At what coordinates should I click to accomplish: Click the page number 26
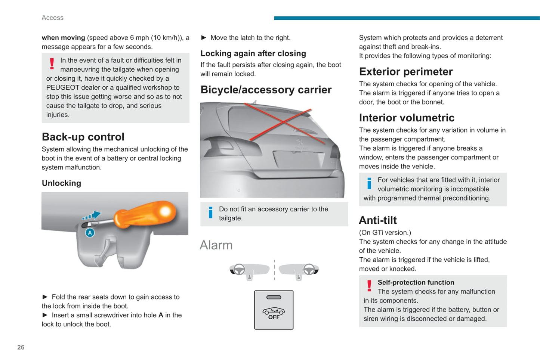pos(21,347)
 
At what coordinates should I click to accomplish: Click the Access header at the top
pos(52,18)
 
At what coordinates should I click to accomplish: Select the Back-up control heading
pos(83,137)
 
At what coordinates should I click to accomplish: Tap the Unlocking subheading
pos(61,183)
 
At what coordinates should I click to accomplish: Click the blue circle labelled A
pos(90,233)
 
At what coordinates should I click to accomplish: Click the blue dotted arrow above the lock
pos(92,215)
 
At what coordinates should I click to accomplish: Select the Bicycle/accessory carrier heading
pos(266,90)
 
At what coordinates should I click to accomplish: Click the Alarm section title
pos(216,245)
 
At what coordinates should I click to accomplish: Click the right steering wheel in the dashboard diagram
pos(309,269)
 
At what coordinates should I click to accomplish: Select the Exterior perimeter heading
pos(406,71)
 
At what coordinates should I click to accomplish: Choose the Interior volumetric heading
pos(407,118)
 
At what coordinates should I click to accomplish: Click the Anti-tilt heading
pos(378,220)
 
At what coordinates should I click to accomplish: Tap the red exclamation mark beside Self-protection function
pos(369,286)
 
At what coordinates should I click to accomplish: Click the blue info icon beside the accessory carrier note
pos(210,212)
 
